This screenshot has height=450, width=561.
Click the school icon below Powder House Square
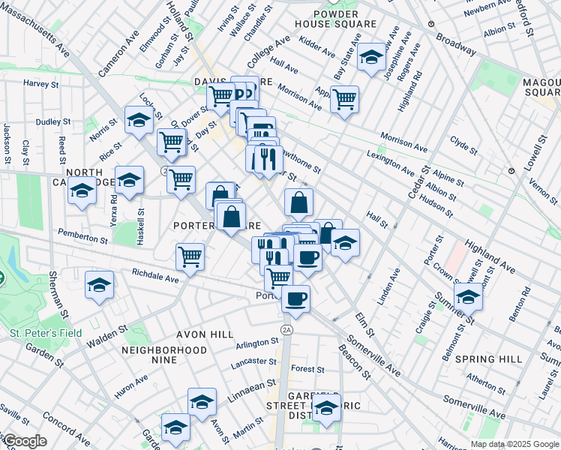pos(370,58)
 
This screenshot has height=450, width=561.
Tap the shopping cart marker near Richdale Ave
pos(190,256)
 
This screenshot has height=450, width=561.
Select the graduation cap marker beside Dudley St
pos(139,120)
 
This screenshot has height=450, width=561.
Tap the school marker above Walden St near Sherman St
pos(99,286)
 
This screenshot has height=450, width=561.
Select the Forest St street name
pos(307,369)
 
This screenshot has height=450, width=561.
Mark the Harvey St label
pos(41,83)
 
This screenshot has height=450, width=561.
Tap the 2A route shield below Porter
pos(286,329)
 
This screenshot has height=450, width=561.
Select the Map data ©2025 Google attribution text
pos(514,444)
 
